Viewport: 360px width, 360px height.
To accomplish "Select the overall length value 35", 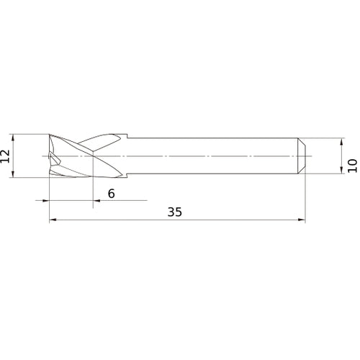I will (175, 212).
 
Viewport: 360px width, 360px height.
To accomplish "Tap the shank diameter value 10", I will (351, 164).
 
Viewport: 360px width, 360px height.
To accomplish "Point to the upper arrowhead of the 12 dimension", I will (13, 135).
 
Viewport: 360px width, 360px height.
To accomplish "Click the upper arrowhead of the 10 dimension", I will (341, 140).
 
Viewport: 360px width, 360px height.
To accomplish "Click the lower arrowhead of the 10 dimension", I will (341, 171).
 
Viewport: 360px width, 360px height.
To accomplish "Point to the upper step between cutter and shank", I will (127, 137).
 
